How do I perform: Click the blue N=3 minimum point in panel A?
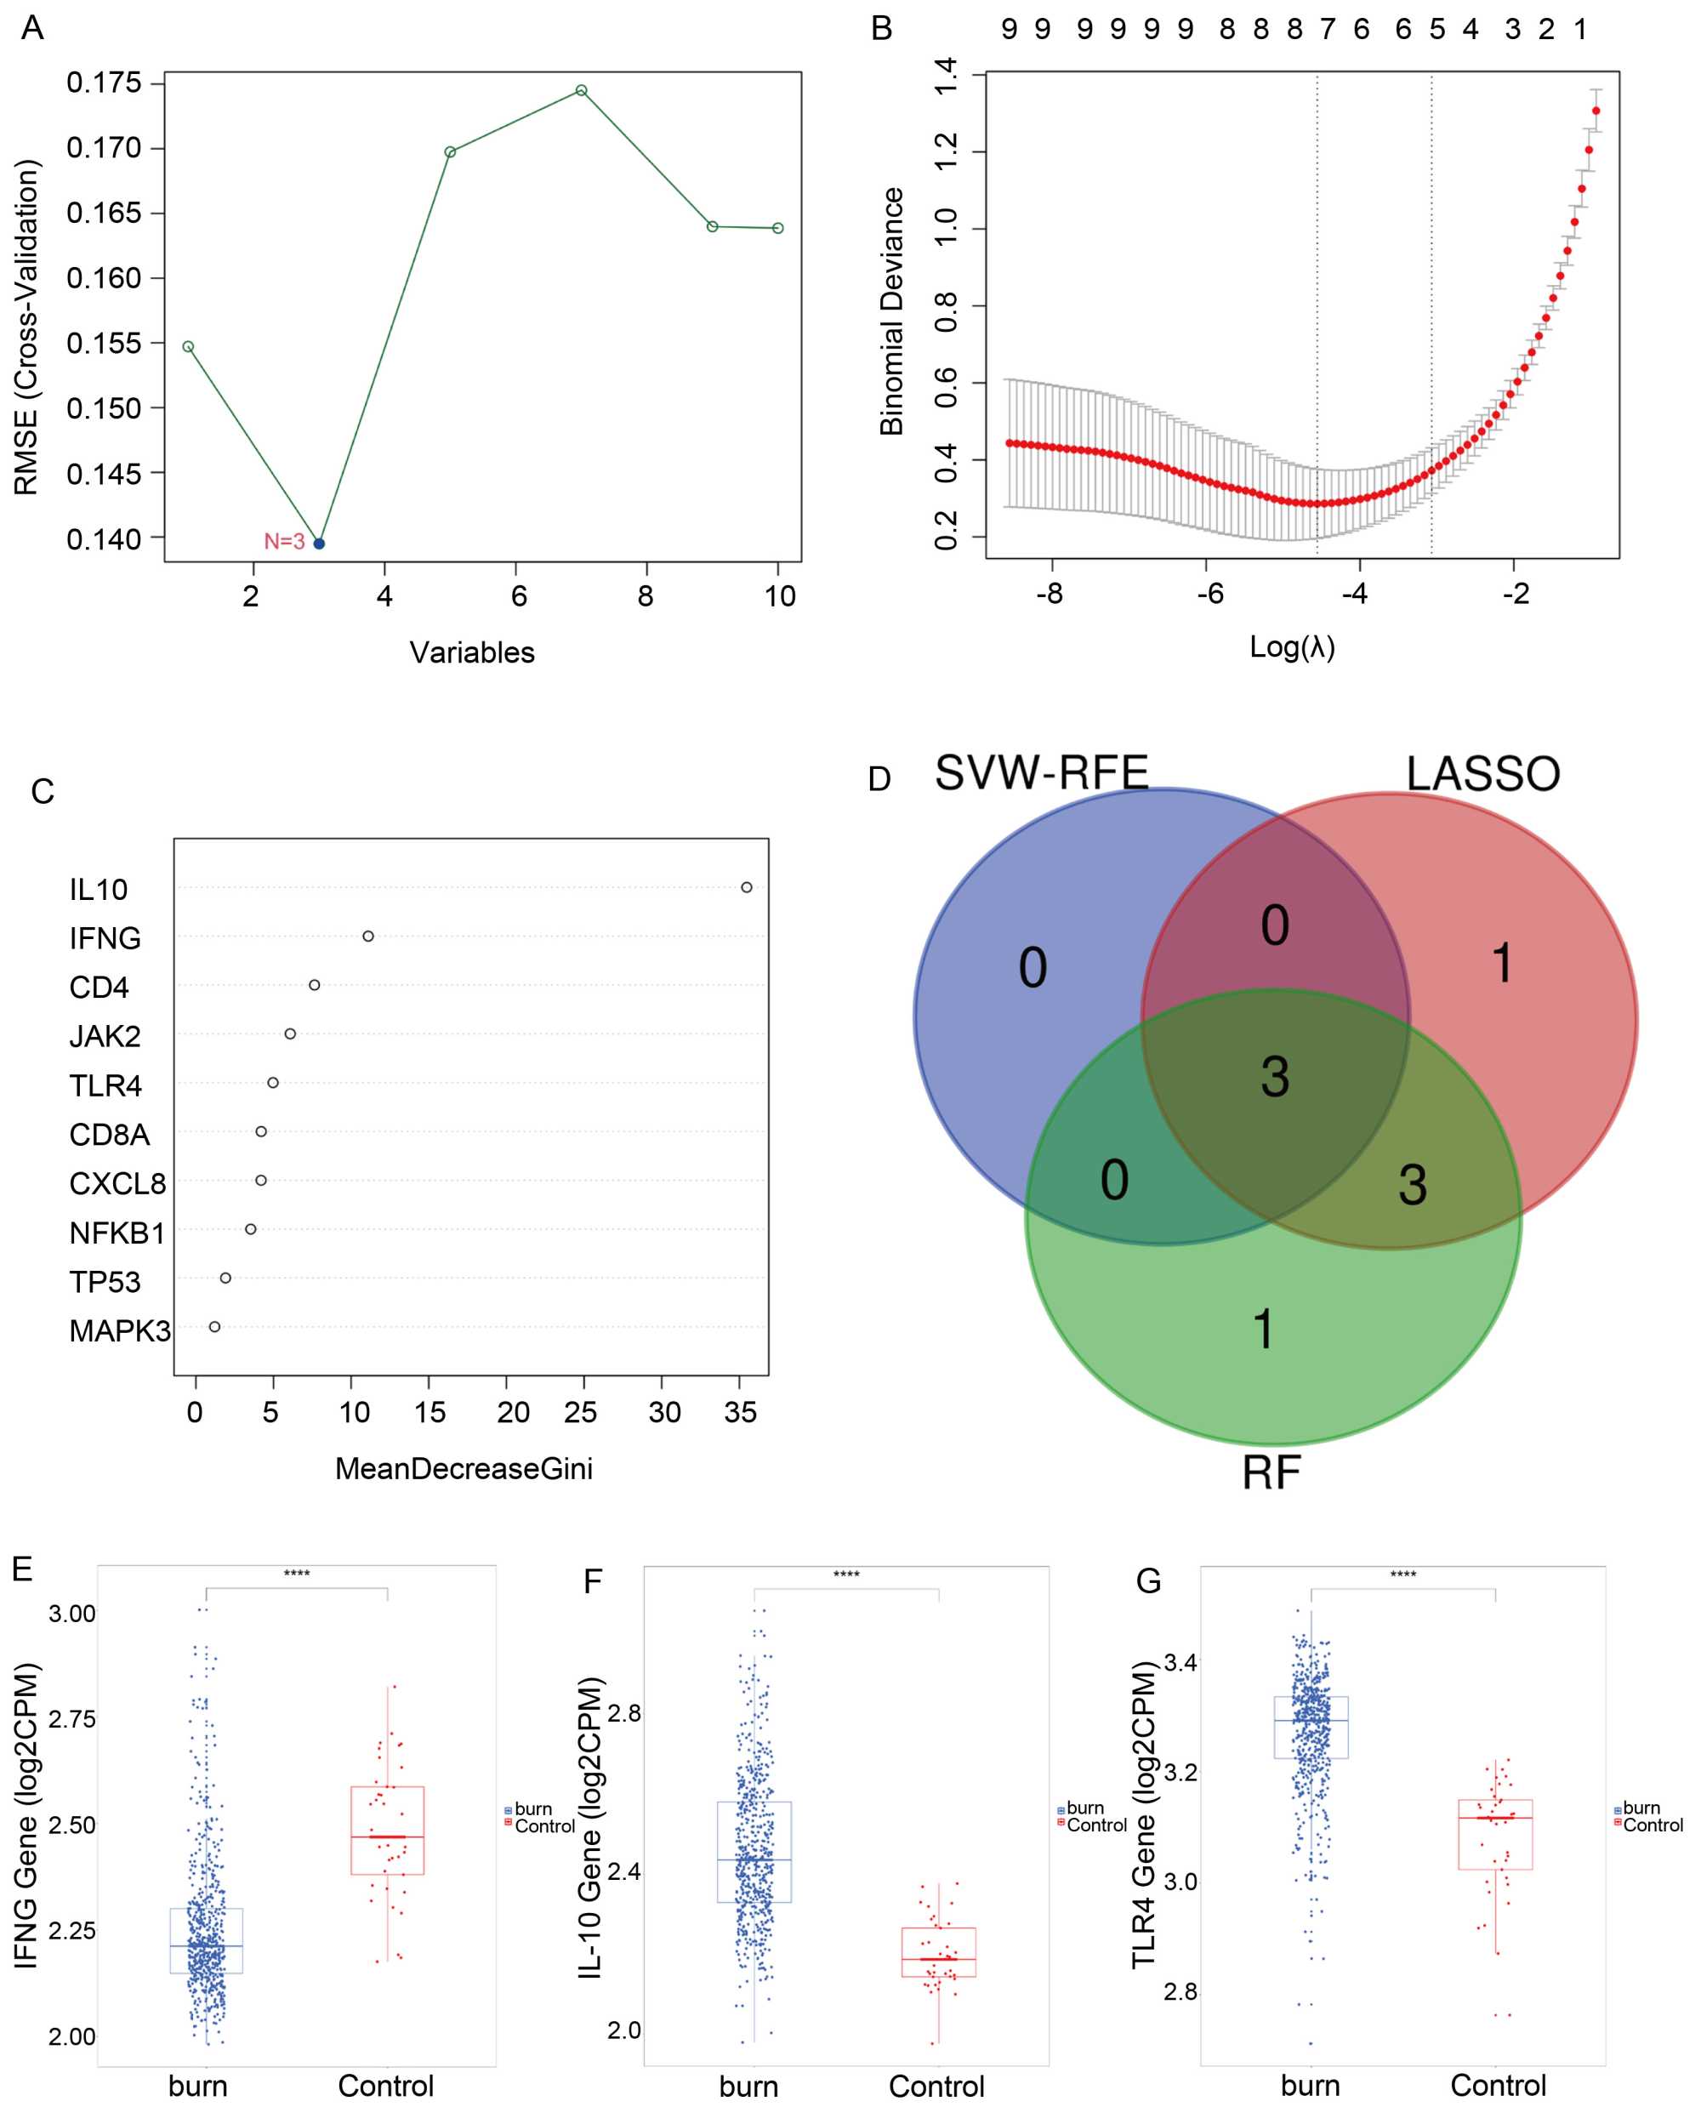(319, 544)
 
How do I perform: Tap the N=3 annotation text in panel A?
(284, 541)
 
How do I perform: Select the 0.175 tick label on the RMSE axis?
(104, 83)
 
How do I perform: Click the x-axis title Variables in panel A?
(472, 652)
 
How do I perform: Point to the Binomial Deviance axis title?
(891, 311)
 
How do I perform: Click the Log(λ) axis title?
(1292, 647)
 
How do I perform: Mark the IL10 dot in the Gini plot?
(747, 888)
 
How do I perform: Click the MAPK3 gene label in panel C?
(119, 1331)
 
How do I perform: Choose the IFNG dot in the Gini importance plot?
(368, 936)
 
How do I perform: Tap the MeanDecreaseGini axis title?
(464, 1469)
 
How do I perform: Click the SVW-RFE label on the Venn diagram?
(1041, 772)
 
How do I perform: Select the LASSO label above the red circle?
(1482, 774)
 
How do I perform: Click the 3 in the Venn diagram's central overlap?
(1275, 1077)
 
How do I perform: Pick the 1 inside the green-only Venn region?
(1264, 1329)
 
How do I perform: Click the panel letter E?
(23, 1569)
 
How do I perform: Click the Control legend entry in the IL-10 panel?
(1096, 1825)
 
